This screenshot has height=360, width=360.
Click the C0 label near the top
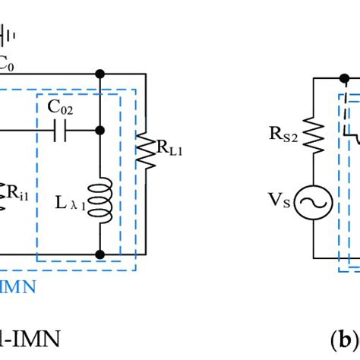6,65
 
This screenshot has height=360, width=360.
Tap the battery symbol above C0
6,35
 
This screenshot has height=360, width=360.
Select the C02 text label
62,109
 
